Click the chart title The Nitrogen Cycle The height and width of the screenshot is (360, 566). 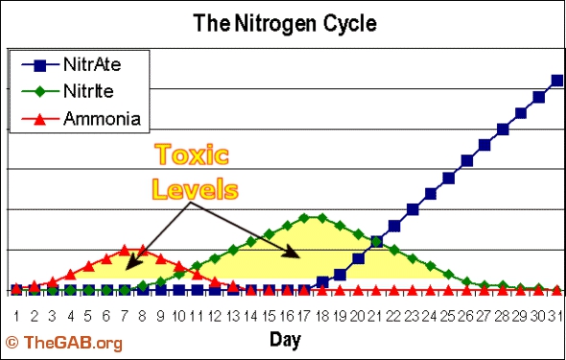(x=284, y=20)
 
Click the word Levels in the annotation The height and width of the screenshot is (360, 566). (x=196, y=189)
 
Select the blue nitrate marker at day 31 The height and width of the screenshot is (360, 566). (x=556, y=81)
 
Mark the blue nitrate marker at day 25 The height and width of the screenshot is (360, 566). (x=448, y=178)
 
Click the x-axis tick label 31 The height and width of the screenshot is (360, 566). (x=556, y=315)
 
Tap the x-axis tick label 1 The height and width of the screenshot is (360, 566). (x=16, y=315)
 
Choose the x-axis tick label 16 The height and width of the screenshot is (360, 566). (x=285, y=315)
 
